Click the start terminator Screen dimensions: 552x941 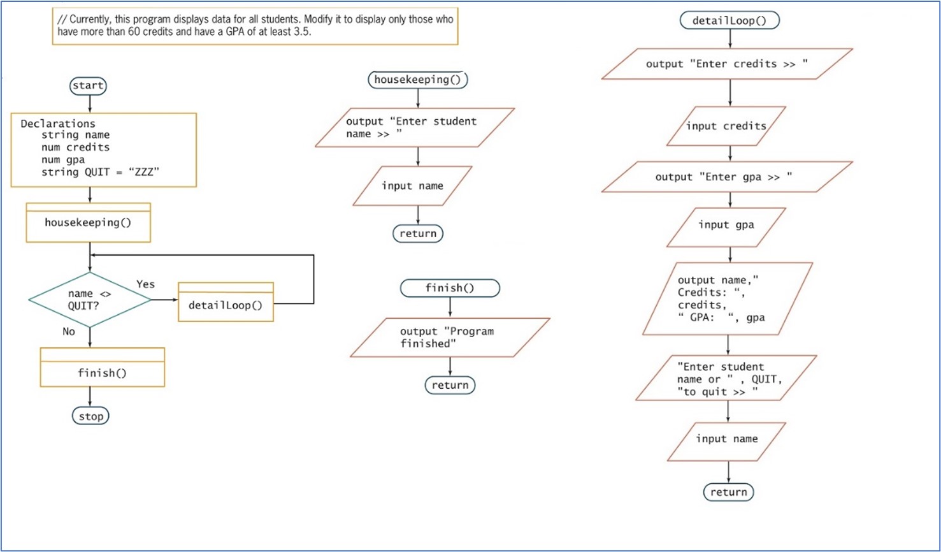(x=89, y=85)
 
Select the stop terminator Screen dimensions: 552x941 (x=90, y=416)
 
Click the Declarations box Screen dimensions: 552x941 (x=103, y=150)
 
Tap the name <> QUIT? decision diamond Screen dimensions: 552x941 (x=90, y=300)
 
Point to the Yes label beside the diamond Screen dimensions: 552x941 (x=145, y=284)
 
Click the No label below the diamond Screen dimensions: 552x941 (x=69, y=331)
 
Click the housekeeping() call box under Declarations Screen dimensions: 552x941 (x=88, y=222)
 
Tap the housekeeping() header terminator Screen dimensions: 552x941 (x=418, y=80)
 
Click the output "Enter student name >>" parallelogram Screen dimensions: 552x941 (x=415, y=127)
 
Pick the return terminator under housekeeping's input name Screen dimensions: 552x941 (x=418, y=233)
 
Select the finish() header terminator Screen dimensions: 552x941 (x=450, y=288)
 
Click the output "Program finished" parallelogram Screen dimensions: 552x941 (x=450, y=337)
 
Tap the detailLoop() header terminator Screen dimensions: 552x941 (x=729, y=20)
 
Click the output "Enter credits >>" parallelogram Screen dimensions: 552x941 (x=727, y=64)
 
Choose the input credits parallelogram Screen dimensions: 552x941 (x=726, y=126)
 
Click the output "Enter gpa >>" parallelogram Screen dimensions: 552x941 (x=727, y=177)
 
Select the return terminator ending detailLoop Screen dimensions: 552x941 (x=728, y=492)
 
